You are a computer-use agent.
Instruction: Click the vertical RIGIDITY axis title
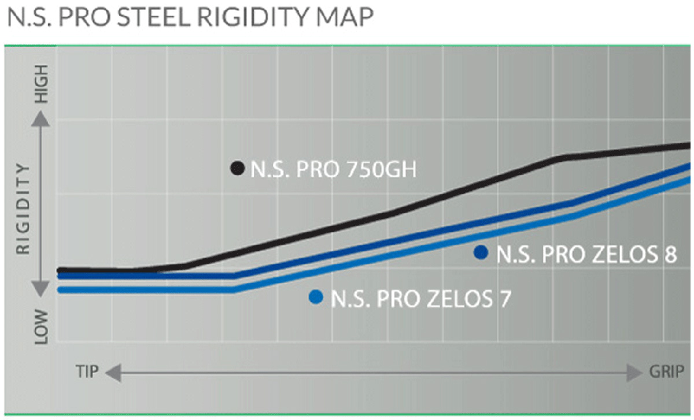[x=23, y=208]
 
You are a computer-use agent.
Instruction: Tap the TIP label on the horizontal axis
[x=87, y=371]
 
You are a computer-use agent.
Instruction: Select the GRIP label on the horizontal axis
[x=665, y=371]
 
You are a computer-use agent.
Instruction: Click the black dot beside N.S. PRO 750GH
[x=237, y=168]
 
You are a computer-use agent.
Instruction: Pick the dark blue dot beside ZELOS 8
[x=480, y=252]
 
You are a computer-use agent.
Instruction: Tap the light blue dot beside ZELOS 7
[x=316, y=297]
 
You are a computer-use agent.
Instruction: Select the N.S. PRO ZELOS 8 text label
[x=586, y=254]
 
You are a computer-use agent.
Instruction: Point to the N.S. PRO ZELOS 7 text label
[x=421, y=299]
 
